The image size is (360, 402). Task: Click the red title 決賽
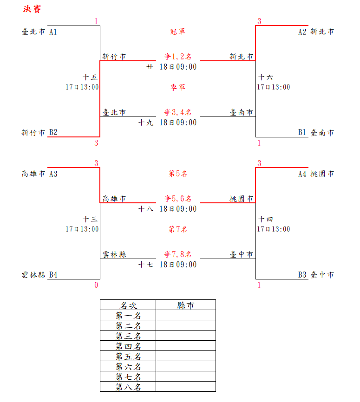click(x=32, y=9)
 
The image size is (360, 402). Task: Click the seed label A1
click(x=53, y=32)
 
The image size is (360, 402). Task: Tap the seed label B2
click(x=53, y=133)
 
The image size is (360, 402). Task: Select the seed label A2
click(x=302, y=32)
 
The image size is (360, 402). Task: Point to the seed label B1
click(x=302, y=133)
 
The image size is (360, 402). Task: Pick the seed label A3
click(x=53, y=174)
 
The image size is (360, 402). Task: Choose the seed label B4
click(x=53, y=275)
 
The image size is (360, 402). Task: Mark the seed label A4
click(x=302, y=174)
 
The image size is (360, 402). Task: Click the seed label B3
click(x=302, y=275)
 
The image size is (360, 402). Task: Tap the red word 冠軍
click(x=177, y=32)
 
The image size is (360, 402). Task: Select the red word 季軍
click(x=177, y=87)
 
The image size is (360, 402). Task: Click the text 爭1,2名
click(x=177, y=57)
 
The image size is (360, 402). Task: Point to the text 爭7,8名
click(x=177, y=255)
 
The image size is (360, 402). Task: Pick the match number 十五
click(x=90, y=77)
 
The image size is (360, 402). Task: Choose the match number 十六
click(x=266, y=77)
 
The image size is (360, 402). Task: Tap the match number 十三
click(x=90, y=219)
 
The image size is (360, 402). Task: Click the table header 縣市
click(x=185, y=305)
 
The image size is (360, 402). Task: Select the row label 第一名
click(x=128, y=316)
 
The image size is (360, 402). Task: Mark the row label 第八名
click(x=128, y=387)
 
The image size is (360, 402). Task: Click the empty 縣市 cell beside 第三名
click(x=185, y=336)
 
